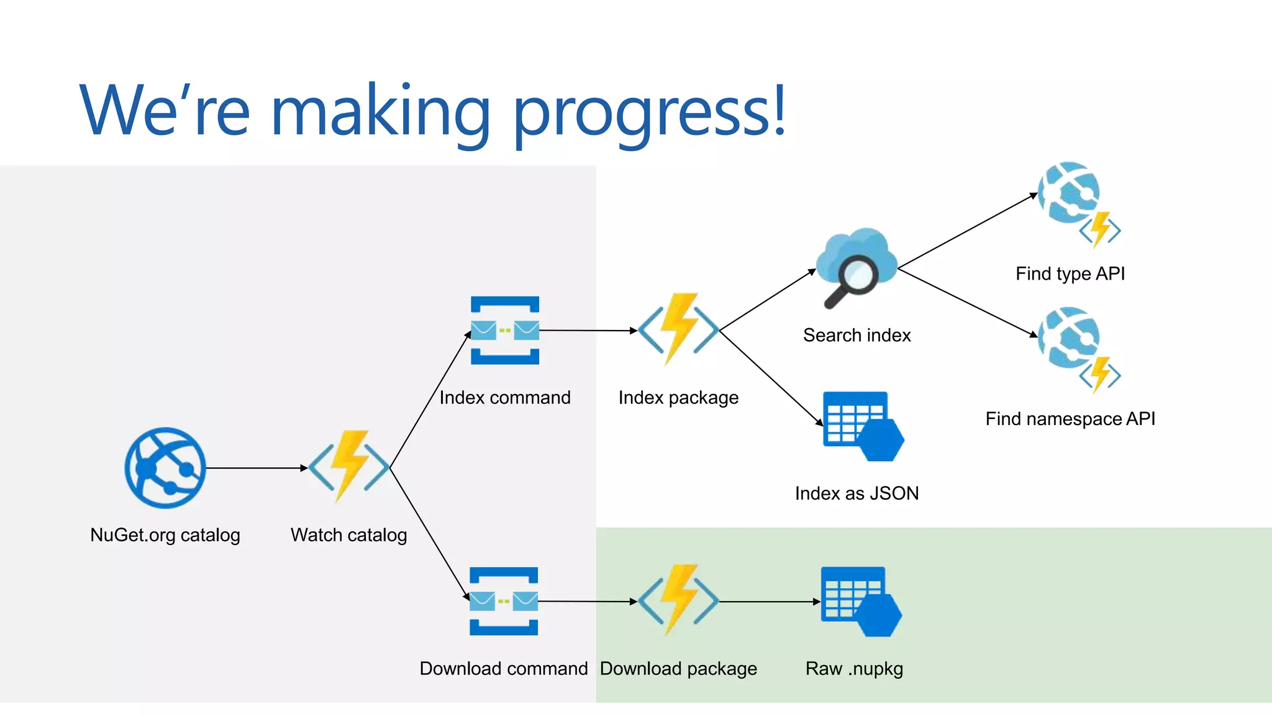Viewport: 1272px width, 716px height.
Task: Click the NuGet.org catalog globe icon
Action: click(165, 468)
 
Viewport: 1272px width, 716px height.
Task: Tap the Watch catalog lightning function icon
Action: click(349, 466)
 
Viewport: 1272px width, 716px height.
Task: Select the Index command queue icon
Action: click(505, 330)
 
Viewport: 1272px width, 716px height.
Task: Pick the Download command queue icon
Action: click(504, 601)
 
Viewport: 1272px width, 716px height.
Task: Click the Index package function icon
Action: click(678, 329)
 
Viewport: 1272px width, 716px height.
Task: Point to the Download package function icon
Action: click(678, 600)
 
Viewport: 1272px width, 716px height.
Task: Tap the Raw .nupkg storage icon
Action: click(861, 602)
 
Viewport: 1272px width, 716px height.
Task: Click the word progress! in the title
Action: click(650, 112)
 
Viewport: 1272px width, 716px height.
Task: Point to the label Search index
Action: click(856, 336)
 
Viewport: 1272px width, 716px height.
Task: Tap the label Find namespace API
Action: click(1070, 419)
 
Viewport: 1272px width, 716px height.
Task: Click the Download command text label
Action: click(503, 669)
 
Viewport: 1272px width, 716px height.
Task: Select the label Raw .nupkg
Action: click(854, 669)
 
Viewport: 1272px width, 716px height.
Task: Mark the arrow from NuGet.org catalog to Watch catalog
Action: click(256, 468)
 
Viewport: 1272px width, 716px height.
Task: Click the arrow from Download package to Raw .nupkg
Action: click(770, 602)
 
